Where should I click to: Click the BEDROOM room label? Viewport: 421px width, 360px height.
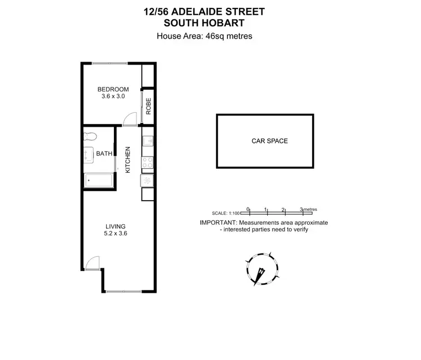pyautogui.click(x=113, y=89)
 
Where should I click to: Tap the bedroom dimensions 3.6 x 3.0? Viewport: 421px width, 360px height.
pyautogui.click(x=113, y=96)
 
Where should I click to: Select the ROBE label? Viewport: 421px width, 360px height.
pyautogui.click(x=148, y=106)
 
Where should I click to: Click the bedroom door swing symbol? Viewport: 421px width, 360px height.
pyautogui.click(x=129, y=118)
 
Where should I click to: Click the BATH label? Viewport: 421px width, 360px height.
pyautogui.click(x=104, y=153)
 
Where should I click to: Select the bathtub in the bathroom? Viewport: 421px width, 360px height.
pyautogui.click(x=98, y=180)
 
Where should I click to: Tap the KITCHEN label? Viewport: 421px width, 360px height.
pyautogui.click(x=129, y=160)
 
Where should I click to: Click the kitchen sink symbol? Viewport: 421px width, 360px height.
pyautogui.click(x=147, y=141)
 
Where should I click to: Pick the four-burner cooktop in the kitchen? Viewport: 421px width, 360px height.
pyautogui.click(x=148, y=163)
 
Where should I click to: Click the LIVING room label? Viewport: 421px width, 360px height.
pyautogui.click(x=113, y=227)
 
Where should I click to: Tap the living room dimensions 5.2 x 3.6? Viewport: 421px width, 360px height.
pyautogui.click(x=113, y=234)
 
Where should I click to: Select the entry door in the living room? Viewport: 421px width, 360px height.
pyautogui.click(x=93, y=263)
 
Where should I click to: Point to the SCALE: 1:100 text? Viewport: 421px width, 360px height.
pyautogui.click(x=226, y=214)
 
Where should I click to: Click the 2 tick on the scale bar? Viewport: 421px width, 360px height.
pyautogui.click(x=283, y=209)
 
